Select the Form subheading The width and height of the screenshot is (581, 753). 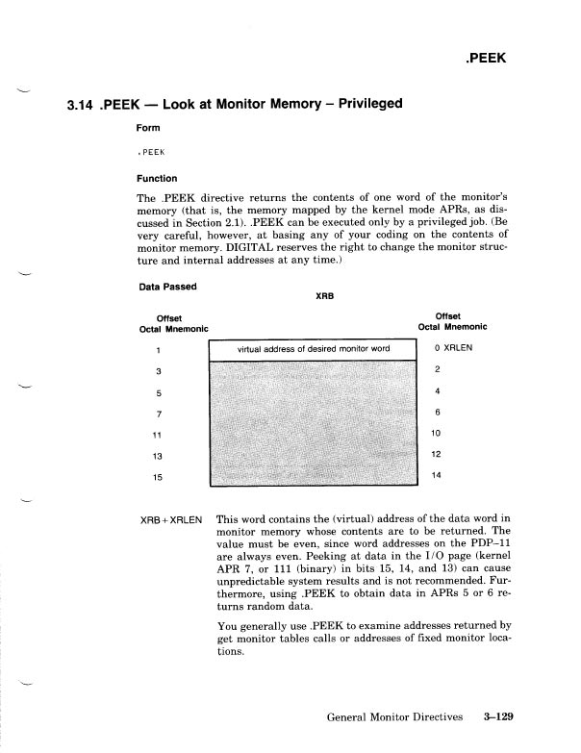[x=149, y=128]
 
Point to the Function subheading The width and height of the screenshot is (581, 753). [x=160, y=177]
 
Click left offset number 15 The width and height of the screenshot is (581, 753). [x=159, y=476]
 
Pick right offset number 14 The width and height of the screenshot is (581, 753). [x=437, y=475]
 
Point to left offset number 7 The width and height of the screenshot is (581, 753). [x=158, y=413]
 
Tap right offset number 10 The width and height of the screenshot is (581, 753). [x=437, y=433]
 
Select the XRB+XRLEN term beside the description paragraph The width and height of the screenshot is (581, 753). [x=171, y=519]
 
